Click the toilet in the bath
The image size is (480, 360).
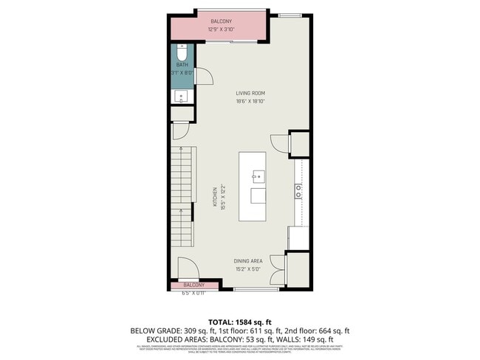tap(182, 53)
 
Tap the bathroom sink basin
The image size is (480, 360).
tap(181, 96)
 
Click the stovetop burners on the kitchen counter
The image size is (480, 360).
tap(298, 191)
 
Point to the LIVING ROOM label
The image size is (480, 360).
tap(250, 93)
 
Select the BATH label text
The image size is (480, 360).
tap(181, 65)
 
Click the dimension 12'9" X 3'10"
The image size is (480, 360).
tap(222, 30)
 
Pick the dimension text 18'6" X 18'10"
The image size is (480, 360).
tap(250, 101)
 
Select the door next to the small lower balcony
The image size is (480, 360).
tap(186, 268)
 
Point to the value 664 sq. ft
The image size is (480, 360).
tap(334, 330)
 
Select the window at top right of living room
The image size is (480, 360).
tap(290, 15)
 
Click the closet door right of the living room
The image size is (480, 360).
tap(279, 144)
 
